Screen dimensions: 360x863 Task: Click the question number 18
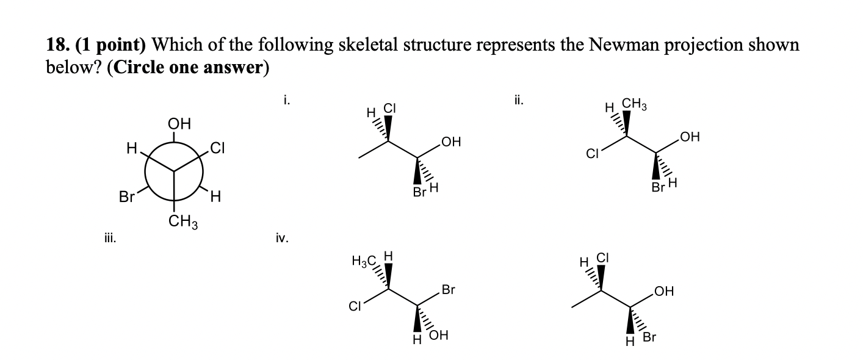[58, 46]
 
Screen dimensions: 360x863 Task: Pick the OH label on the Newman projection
[178, 125]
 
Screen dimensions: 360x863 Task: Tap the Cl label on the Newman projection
[218, 146]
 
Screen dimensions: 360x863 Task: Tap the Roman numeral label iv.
[281, 239]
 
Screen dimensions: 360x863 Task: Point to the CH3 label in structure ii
[635, 107]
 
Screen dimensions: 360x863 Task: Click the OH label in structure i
[449, 143]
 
